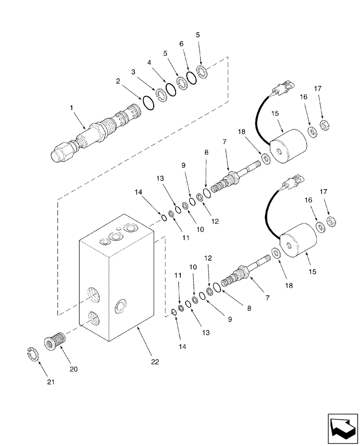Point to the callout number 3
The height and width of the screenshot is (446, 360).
[133, 71]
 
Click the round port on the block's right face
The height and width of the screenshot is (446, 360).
[120, 306]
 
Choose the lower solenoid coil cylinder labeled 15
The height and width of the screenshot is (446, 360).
[297, 241]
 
